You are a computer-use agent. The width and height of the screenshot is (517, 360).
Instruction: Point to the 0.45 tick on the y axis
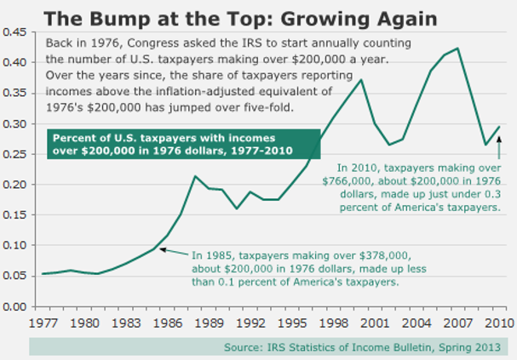click(15, 32)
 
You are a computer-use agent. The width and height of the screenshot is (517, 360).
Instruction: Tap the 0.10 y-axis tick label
click(15, 245)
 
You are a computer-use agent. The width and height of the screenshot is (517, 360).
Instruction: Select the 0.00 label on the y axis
click(15, 306)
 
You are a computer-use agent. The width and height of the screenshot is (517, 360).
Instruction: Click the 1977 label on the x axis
click(41, 322)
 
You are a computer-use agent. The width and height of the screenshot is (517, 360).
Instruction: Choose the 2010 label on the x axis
click(499, 322)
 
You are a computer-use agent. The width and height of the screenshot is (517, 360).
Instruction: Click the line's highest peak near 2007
click(458, 49)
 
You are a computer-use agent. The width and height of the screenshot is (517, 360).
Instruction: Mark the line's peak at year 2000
click(361, 80)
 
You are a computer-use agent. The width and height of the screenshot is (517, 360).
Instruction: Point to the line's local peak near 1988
click(195, 176)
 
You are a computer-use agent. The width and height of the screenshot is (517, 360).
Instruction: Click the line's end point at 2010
click(500, 126)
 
